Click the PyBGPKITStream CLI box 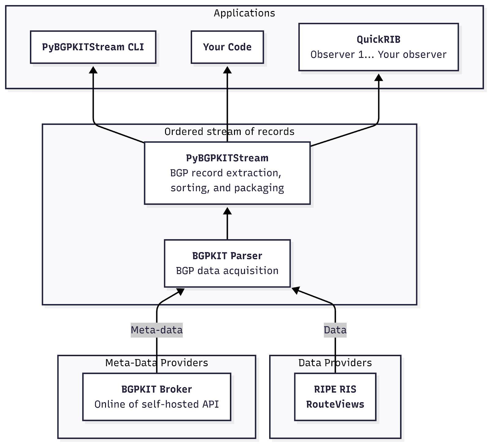click(x=93, y=47)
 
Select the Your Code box click(x=227, y=47)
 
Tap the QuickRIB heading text click(x=379, y=40)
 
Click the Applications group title click(x=244, y=13)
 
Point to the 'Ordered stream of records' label click(x=229, y=131)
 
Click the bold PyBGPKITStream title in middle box click(x=227, y=158)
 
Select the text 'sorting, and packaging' click(x=227, y=188)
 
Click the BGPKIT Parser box click(x=227, y=263)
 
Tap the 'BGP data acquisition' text click(x=227, y=271)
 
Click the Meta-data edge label click(x=157, y=330)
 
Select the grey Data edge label click(x=335, y=330)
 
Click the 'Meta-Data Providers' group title click(x=157, y=363)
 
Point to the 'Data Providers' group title click(x=335, y=363)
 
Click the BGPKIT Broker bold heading click(x=157, y=389)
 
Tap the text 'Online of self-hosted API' click(x=157, y=404)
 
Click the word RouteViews click(x=335, y=404)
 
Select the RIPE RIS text click(x=335, y=389)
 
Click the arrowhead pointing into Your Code click(x=227, y=70)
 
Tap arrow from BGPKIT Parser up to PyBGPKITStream click(x=227, y=225)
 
